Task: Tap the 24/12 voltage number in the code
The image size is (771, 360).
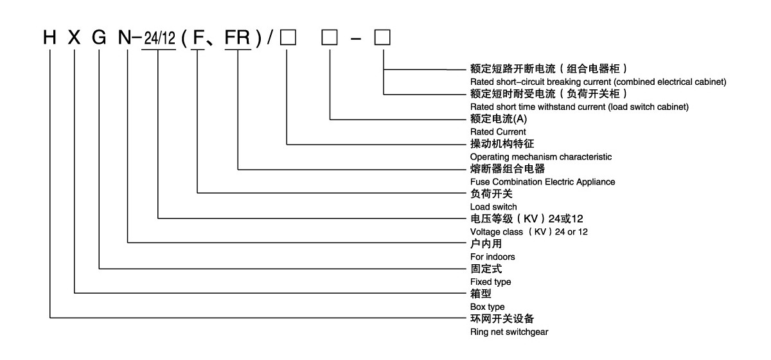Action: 158,40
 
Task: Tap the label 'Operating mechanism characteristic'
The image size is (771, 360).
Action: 541,156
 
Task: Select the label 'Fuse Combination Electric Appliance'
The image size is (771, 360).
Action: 542,182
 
